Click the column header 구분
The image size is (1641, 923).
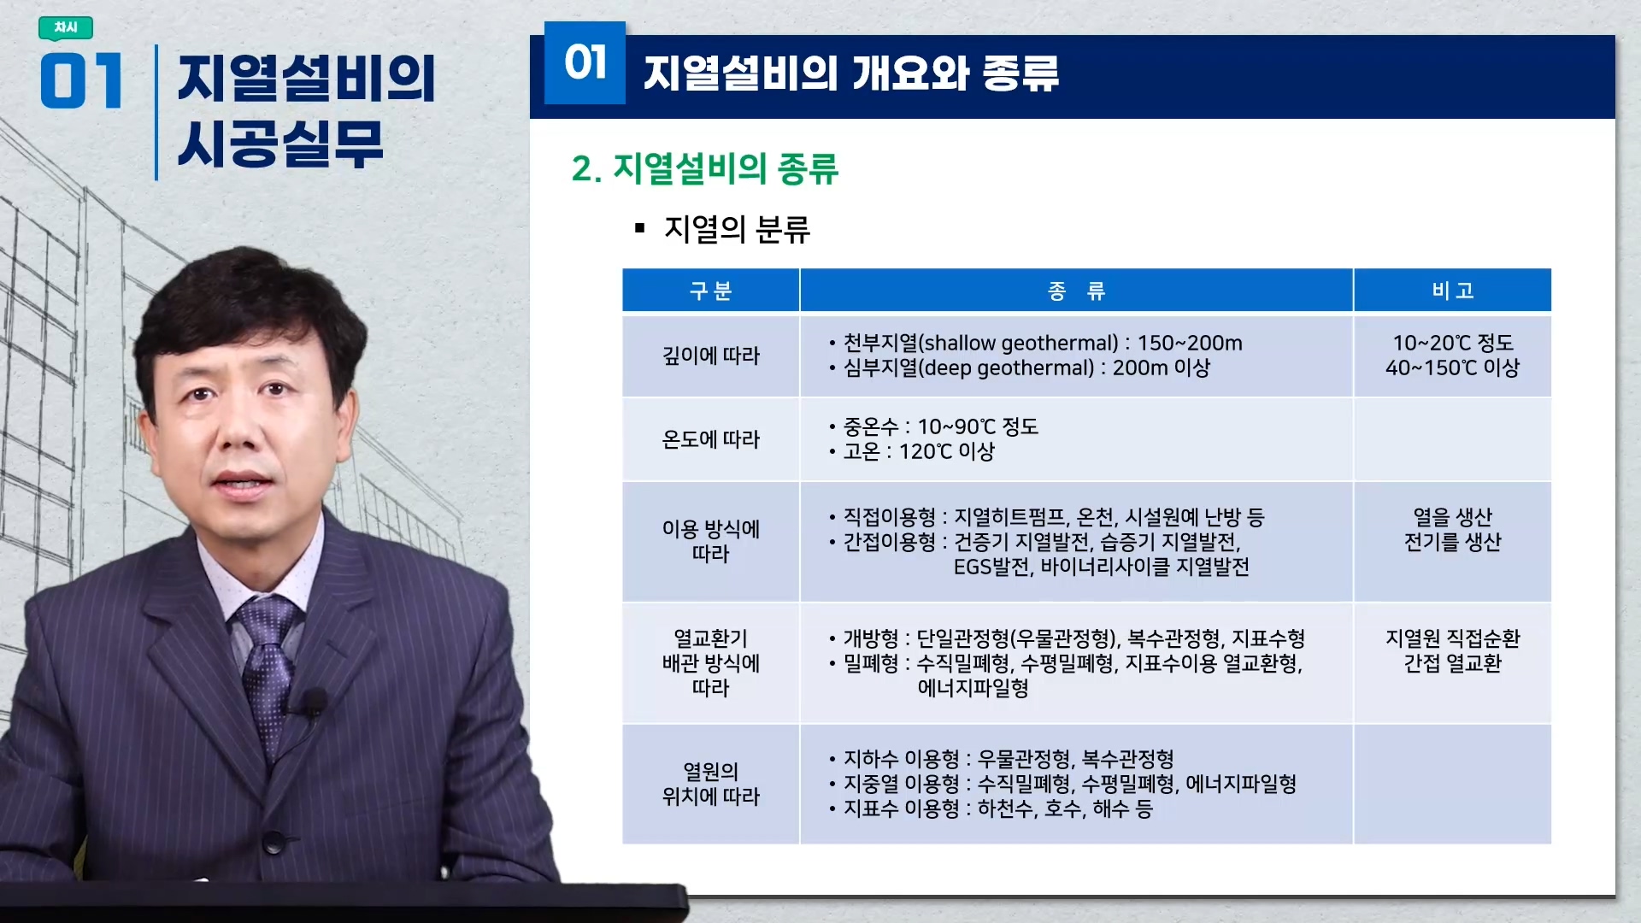click(x=710, y=291)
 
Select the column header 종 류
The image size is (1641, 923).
click(x=1076, y=291)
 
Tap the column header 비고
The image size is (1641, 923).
click(x=1452, y=291)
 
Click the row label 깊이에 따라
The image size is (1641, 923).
click(x=710, y=356)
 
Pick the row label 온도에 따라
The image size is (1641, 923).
click(x=710, y=439)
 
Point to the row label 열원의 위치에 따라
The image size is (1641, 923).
click(x=710, y=784)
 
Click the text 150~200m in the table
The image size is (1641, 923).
click(x=1190, y=343)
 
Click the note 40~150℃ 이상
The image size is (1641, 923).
click(x=1452, y=367)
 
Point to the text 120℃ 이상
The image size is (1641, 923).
click(x=947, y=451)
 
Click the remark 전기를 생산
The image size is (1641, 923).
click(x=1452, y=542)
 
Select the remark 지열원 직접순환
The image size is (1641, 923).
click(x=1452, y=638)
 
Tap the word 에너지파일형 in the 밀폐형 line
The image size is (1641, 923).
click(x=973, y=688)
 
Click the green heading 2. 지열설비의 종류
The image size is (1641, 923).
click(x=705, y=168)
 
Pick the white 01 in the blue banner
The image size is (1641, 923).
click(x=585, y=62)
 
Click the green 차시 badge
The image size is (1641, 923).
click(x=66, y=28)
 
